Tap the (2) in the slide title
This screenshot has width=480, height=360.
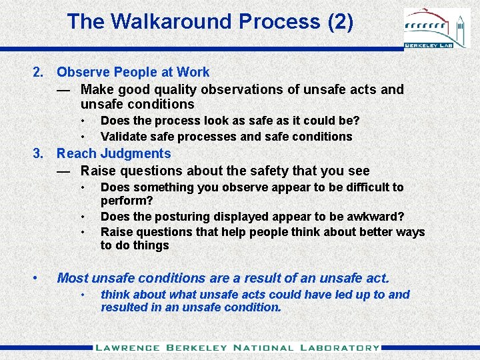click(340, 21)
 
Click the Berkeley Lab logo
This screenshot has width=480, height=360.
click(437, 29)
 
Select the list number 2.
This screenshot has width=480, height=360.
click(39, 72)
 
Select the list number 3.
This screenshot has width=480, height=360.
click(39, 154)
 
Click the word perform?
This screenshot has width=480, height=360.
click(126, 201)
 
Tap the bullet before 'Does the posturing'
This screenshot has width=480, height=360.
click(83, 217)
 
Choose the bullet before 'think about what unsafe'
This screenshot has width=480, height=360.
click(83, 295)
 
